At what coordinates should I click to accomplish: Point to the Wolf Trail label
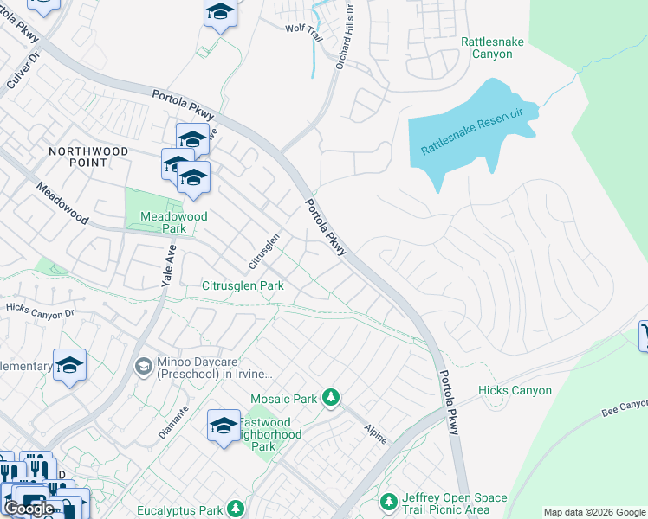tap(303, 28)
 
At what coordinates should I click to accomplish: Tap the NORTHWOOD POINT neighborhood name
tap(113, 157)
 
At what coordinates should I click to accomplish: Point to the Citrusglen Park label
tap(243, 285)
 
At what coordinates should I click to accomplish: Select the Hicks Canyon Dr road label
tap(40, 309)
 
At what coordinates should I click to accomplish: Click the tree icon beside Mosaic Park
tap(329, 398)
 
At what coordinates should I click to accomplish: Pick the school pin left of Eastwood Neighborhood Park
tap(224, 426)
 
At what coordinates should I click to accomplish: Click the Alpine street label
tap(374, 433)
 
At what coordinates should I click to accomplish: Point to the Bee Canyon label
tap(625, 406)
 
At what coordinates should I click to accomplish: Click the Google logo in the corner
tap(29, 509)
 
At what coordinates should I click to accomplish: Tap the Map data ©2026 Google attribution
tap(593, 511)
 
